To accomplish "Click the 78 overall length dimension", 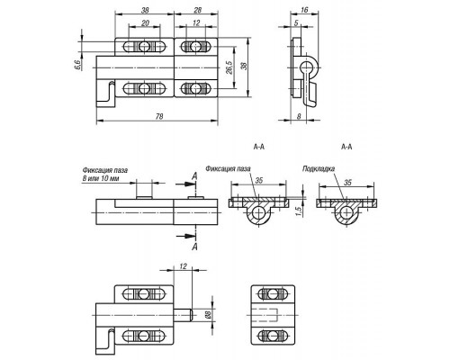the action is point(159,116).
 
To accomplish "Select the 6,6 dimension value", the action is point(77,65).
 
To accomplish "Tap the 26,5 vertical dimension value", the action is point(229,67).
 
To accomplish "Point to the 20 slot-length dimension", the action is point(145,23).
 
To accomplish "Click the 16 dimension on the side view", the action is point(304,10).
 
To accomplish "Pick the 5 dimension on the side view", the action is point(296,22).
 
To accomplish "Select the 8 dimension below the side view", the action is point(299,116).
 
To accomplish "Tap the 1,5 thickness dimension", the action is point(298,211).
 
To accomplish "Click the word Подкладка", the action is point(319,169).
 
